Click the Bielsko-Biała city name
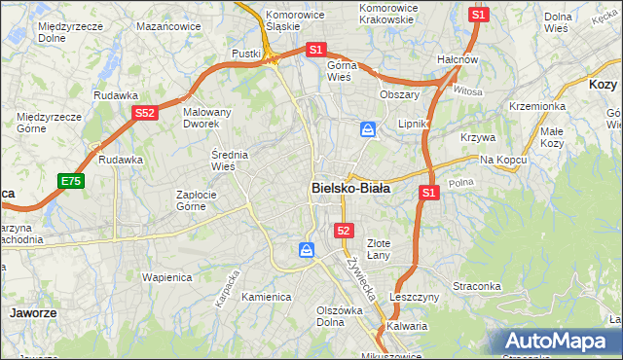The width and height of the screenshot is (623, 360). pos(350,188)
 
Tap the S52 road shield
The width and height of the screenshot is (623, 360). pos(145,113)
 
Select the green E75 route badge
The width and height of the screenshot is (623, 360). pos(70,181)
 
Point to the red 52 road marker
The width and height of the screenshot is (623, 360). pos(343,230)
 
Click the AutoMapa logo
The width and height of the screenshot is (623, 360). pos(558,342)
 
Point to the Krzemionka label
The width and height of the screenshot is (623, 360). pos(536,106)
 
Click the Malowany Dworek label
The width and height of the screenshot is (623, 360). pos(207,119)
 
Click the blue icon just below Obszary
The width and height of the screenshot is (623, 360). pos(369,128)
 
